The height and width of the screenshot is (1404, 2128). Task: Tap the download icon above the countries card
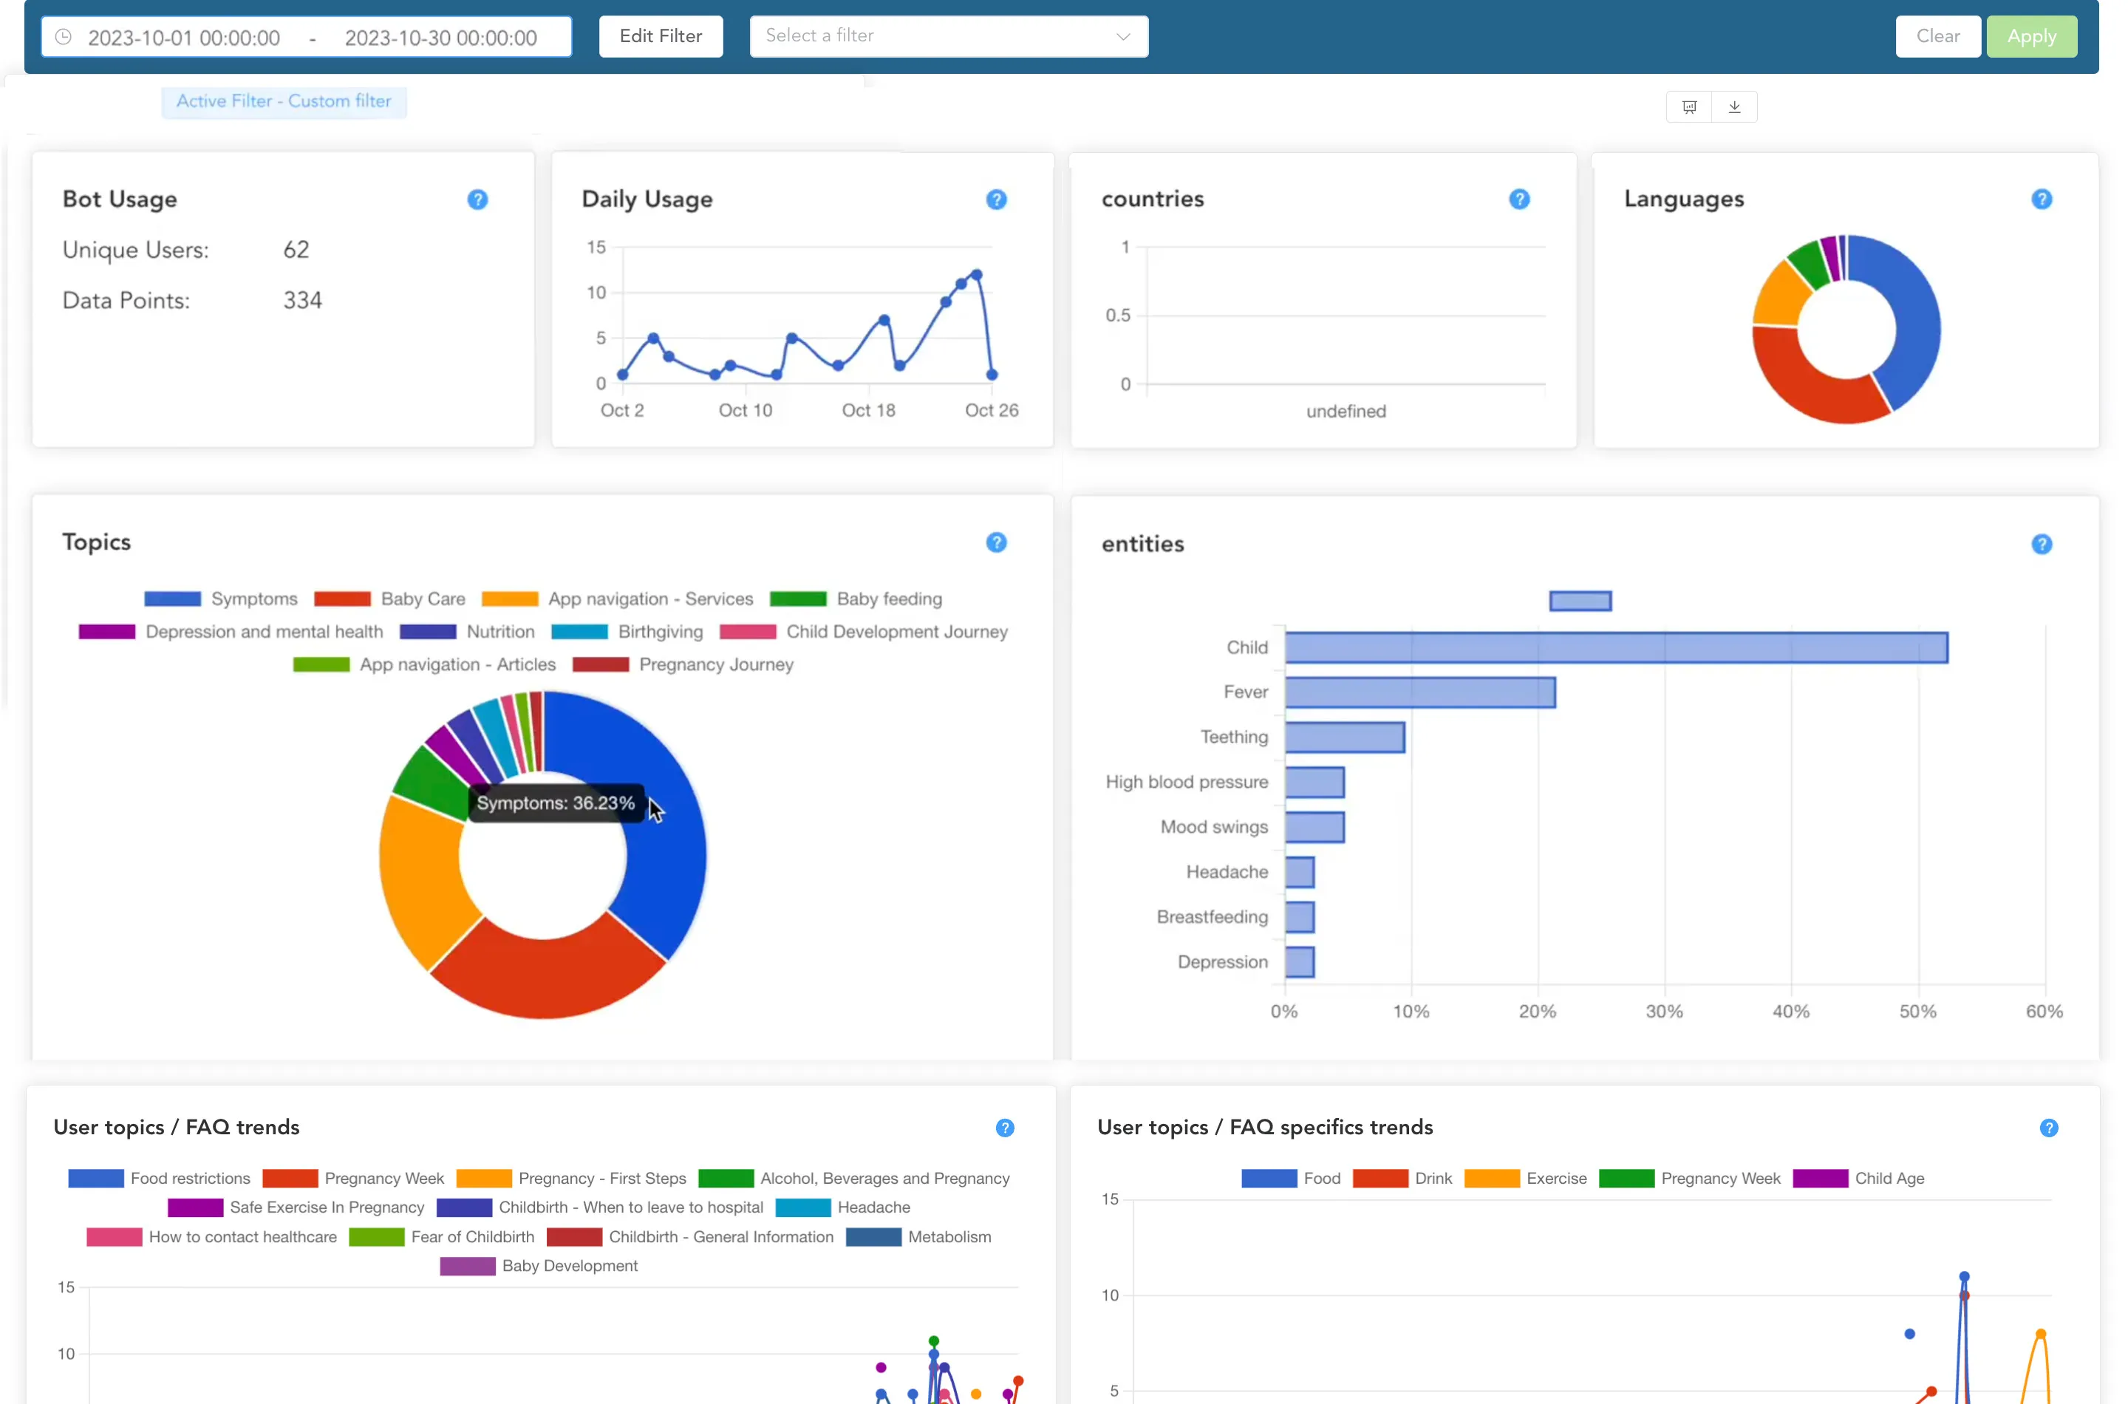pos(1734,107)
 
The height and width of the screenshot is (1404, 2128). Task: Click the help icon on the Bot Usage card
pos(477,200)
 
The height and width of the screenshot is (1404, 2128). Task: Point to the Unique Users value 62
pos(296,250)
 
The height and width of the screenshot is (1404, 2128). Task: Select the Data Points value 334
pos(303,301)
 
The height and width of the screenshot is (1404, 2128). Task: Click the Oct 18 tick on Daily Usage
pos(867,410)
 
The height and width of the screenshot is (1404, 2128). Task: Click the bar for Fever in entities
pos(1420,693)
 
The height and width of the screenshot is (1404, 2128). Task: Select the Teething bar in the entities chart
pos(1345,737)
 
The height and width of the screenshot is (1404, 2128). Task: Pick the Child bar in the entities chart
pos(1616,648)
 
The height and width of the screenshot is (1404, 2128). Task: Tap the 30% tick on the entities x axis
pos(1664,1012)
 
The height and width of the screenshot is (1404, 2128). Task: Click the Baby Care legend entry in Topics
pos(423,599)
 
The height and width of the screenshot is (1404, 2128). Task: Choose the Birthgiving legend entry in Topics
pos(660,632)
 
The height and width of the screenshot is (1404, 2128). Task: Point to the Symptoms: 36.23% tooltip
pos(555,803)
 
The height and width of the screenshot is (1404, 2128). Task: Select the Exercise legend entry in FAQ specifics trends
pos(1556,1179)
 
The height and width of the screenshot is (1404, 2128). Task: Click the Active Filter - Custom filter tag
pos(284,102)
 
